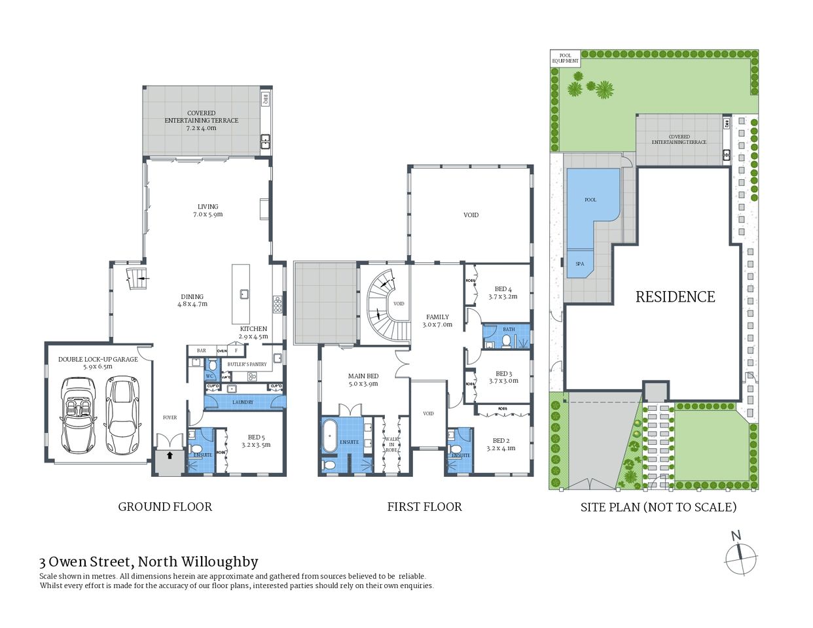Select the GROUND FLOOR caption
coord(165,506)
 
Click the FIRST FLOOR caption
coord(424,506)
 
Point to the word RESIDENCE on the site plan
coord(675,297)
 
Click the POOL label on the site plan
coord(590,200)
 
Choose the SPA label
coord(579,264)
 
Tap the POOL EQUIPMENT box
coord(565,58)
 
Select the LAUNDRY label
coord(242,402)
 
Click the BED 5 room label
coord(255,441)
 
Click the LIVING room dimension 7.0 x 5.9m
coord(208,215)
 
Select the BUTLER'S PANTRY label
coord(247,364)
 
